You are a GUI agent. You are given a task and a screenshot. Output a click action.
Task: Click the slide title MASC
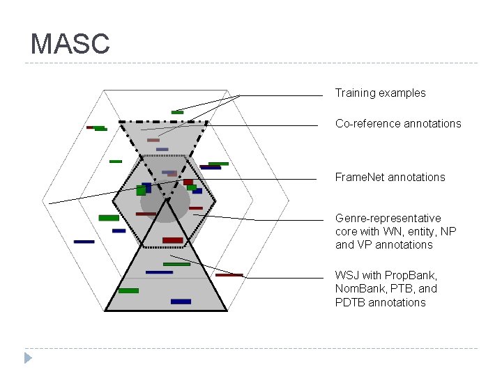(70, 44)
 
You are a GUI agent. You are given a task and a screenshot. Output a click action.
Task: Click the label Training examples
(380, 93)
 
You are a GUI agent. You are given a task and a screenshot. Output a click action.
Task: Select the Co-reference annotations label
(398, 123)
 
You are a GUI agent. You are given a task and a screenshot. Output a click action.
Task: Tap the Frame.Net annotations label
(390, 177)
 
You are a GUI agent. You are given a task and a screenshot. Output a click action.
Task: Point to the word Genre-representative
(388, 218)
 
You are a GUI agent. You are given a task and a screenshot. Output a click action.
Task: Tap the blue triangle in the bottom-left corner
(28, 358)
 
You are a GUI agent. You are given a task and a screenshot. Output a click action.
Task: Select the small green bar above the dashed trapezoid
(178, 112)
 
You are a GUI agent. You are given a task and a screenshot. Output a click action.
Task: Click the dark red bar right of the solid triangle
(229, 275)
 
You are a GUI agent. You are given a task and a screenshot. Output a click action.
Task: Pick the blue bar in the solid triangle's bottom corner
(181, 301)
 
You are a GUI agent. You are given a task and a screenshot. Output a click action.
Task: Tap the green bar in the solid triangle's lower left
(128, 290)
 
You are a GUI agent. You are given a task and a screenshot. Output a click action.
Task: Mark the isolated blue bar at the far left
(84, 242)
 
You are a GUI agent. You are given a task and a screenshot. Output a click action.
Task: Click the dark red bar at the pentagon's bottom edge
(173, 240)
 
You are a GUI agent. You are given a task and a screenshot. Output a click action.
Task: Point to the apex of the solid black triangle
(167, 201)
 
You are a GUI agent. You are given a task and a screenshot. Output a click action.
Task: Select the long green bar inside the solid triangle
(176, 264)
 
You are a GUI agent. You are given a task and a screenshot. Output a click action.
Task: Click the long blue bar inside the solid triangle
(159, 272)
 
